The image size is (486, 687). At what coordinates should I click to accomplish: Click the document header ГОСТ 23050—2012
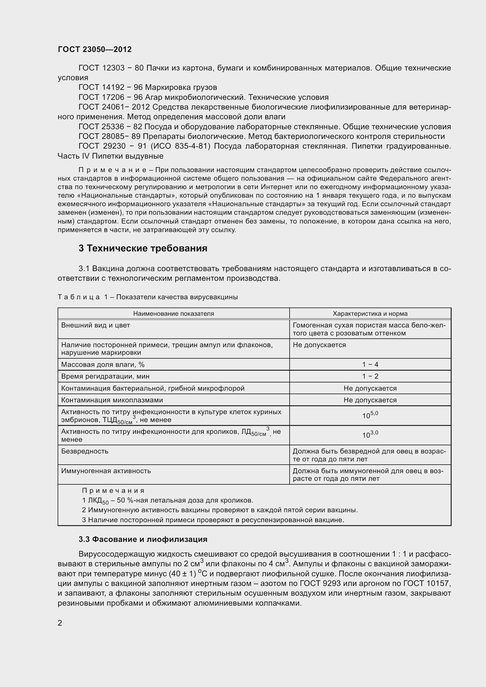click(95, 49)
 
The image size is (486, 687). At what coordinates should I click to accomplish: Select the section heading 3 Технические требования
click(143, 248)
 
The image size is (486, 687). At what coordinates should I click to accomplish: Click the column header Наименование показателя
click(173, 314)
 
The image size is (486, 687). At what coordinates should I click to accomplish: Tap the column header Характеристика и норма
click(370, 314)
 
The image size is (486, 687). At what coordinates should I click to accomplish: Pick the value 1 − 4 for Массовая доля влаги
click(370, 365)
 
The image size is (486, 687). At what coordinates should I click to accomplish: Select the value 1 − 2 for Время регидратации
click(370, 376)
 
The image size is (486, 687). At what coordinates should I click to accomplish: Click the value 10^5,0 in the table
click(370, 415)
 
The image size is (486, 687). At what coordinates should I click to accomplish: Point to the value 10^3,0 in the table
click(370, 435)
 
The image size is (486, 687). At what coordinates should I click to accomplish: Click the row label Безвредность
click(85, 451)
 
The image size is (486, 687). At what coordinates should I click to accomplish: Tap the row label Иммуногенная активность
click(106, 471)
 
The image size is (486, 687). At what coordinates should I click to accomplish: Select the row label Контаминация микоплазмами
click(112, 400)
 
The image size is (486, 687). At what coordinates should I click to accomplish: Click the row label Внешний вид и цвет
click(96, 325)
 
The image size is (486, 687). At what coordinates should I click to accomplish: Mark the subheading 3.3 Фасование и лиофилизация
click(143, 539)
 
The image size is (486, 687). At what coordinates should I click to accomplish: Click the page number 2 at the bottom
click(60, 623)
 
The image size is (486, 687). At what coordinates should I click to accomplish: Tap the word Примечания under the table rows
click(113, 491)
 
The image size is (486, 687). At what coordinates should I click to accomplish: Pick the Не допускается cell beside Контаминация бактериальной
click(370, 388)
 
